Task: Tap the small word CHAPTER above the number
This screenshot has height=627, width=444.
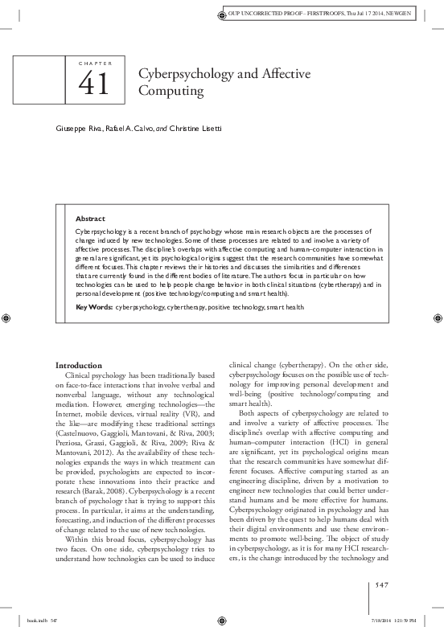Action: pyautogui.click(x=97, y=63)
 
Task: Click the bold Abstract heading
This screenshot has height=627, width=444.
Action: pyautogui.click(x=89, y=218)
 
